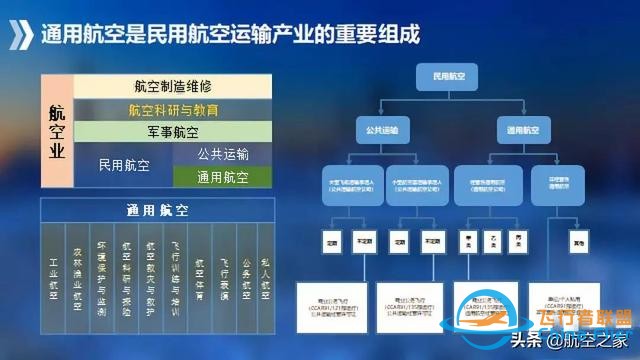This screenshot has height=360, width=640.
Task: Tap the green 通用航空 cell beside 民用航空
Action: [x=223, y=177]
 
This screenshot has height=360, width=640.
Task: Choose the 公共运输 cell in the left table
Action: [x=223, y=154]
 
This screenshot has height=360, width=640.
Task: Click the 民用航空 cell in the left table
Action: [x=123, y=165]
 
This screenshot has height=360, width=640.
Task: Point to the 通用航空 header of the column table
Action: [x=158, y=211]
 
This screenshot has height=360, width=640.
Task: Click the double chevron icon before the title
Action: [x=22, y=35]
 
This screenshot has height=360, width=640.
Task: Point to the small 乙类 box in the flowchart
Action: [x=492, y=242]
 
